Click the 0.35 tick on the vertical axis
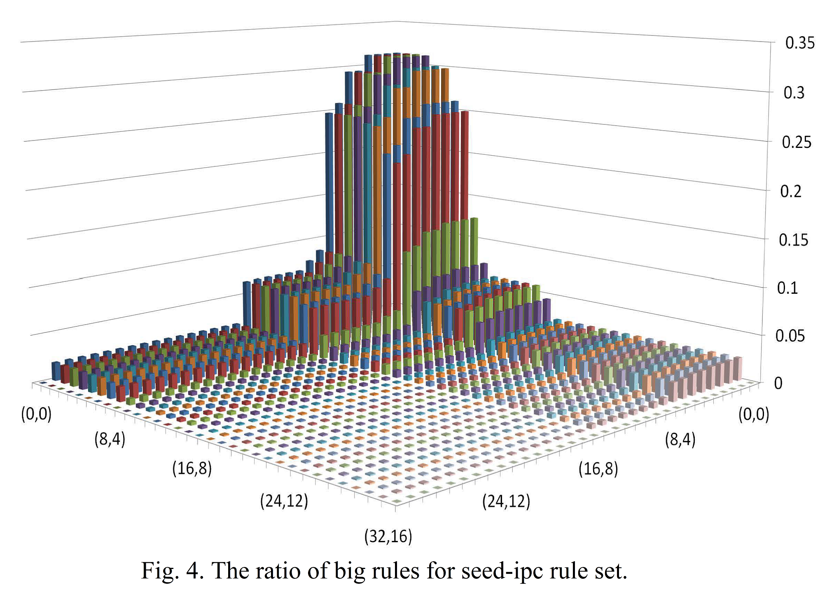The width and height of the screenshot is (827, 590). [799, 43]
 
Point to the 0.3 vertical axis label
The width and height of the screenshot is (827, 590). [794, 93]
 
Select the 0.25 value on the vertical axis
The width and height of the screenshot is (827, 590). [797, 143]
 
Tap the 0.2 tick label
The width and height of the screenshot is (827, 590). [791, 192]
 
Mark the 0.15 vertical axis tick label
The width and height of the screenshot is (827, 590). [793, 240]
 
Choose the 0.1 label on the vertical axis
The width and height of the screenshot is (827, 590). [787, 288]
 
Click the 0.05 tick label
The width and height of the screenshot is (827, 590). [790, 336]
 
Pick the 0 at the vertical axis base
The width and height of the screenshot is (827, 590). [778, 384]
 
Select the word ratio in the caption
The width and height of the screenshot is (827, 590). [276, 571]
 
